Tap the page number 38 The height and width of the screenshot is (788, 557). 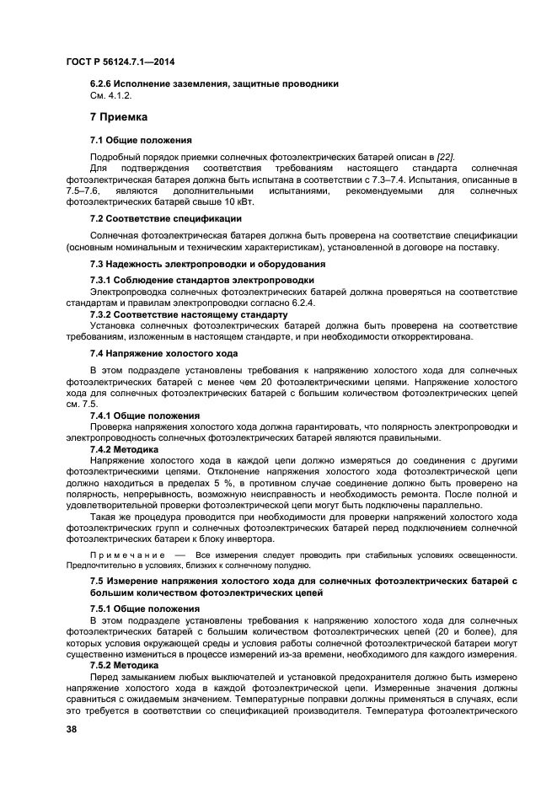click(x=72, y=729)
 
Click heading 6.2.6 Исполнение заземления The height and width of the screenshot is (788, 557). click(x=214, y=83)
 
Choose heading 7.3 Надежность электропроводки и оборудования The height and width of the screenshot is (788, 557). click(x=213, y=264)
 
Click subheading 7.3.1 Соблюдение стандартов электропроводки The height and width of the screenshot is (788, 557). click(x=201, y=279)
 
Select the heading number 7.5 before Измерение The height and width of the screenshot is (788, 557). click(x=98, y=582)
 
